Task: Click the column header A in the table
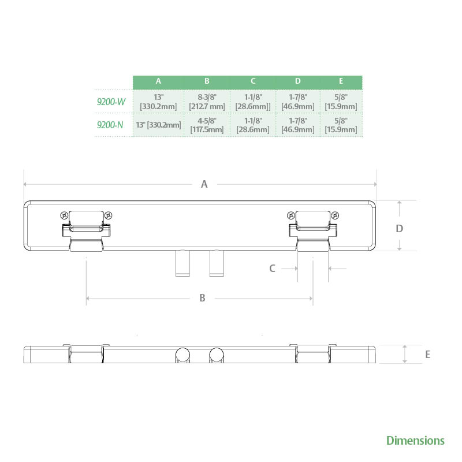pyautogui.click(x=158, y=82)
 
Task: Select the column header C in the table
pyautogui.click(x=253, y=82)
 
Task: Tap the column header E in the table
pyautogui.click(x=341, y=82)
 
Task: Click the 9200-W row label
pyautogui.click(x=111, y=102)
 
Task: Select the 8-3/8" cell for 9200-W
pyautogui.click(x=207, y=102)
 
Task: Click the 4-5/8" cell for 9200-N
pyautogui.click(x=207, y=125)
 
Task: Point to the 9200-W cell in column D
pyautogui.click(x=297, y=102)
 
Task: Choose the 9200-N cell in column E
pyautogui.click(x=341, y=125)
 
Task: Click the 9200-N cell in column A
pyautogui.click(x=158, y=125)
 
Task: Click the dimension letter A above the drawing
pyautogui.click(x=204, y=184)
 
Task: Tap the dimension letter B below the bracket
pyautogui.click(x=202, y=298)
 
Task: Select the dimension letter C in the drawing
pyautogui.click(x=272, y=268)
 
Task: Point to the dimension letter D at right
pyautogui.click(x=399, y=229)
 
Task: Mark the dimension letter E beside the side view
pyautogui.click(x=427, y=355)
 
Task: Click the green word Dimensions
pyautogui.click(x=415, y=441)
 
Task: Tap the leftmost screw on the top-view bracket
pyautogui.click(x=65, y=215)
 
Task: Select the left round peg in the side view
pyautogui.click(x=183, y=355)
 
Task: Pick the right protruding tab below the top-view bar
pyautogui.click(x=217, y=263)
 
